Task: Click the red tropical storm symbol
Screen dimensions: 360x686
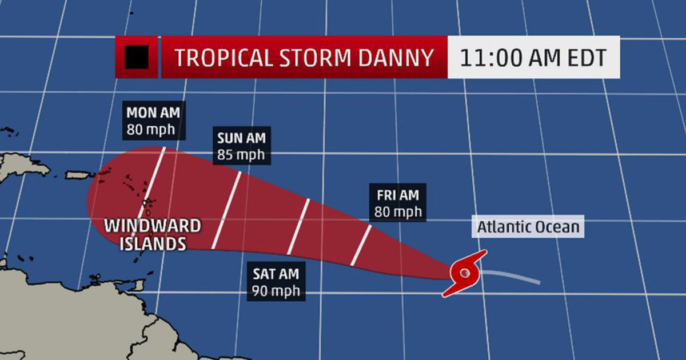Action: coord(464,273)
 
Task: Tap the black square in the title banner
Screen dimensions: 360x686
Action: coord(137,57)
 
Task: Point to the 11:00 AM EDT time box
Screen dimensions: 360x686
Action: coord(534,58)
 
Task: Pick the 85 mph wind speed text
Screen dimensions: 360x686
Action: coord(240,154)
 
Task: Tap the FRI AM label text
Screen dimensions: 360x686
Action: coord(398,195)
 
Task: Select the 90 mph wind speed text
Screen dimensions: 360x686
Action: coord(277,290)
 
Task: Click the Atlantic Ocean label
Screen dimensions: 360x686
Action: coord(528,227)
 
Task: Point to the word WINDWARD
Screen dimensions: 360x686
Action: coord(153,226)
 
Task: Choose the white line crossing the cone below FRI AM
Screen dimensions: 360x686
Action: coord(361,245)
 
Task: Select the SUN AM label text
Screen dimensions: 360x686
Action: coord(241,138)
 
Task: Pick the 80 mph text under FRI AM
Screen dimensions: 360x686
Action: coord(398,212)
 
